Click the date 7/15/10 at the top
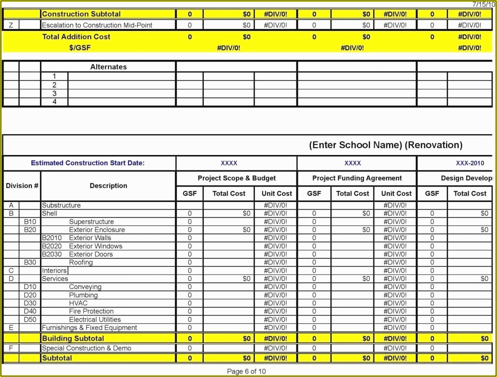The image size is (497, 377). coord(483,4)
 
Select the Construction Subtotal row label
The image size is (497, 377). coord(81,14)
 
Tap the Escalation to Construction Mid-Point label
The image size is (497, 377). coord(97,25)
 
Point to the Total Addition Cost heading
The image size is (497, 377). coord(76,37)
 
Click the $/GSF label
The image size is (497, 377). coord(80,48)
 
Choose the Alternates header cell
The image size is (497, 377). coord(108,67)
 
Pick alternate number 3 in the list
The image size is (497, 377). coord(55,93)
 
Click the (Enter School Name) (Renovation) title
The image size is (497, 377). coord(386,145)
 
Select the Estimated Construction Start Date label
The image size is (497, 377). coord(88,163)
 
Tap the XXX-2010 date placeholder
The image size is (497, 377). coord(470,163)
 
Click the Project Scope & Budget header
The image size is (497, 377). coord(237,178)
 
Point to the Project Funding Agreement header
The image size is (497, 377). coord(357,178)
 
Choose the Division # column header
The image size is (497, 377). coord(22,186)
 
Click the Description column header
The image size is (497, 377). coord(108,186)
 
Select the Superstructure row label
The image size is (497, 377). coord(91,222)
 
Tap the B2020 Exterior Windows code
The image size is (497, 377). coord(52,246)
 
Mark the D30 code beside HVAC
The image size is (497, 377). coord(30,303)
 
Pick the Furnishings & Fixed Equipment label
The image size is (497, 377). coord(89,328)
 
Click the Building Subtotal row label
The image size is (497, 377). coord(73,338)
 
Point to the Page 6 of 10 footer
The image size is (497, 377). coord(246,371)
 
